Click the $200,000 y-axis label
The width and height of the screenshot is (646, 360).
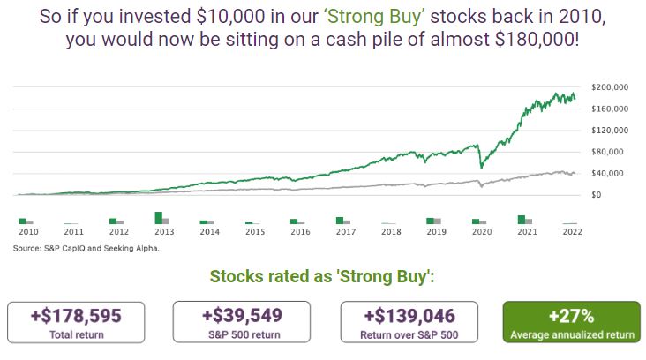[x=610, y=87]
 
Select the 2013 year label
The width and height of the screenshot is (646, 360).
[x=164, y=233]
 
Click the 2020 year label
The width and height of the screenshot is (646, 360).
[x=482, y=233]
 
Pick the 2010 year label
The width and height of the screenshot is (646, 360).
[x=28, y=233]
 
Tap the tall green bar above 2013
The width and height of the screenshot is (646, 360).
[x=159, y=218]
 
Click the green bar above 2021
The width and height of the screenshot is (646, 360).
[x=522, y=220]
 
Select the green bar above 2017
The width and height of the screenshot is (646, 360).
[x=340, y=221]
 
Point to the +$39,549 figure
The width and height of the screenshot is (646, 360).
[x=241, y=316]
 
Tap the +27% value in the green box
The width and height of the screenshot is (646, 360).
[x=572, y=316]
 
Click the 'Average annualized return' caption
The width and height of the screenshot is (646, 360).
[x=572, y=335]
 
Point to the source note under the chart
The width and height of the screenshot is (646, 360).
[x=86, y=248]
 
